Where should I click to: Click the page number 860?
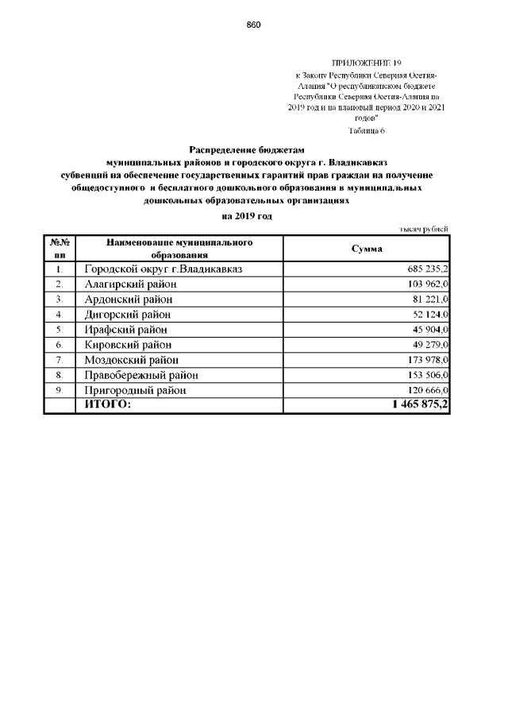254,25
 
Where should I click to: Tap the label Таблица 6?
367,130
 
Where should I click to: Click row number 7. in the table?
59,360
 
